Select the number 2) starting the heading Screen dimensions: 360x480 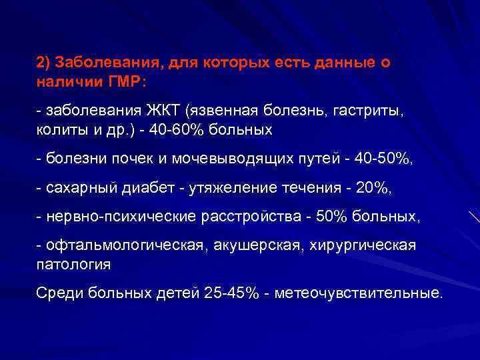tap(44, 63)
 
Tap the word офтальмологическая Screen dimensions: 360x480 tap(124, 245)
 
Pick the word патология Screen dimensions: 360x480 tap(73, 264)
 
